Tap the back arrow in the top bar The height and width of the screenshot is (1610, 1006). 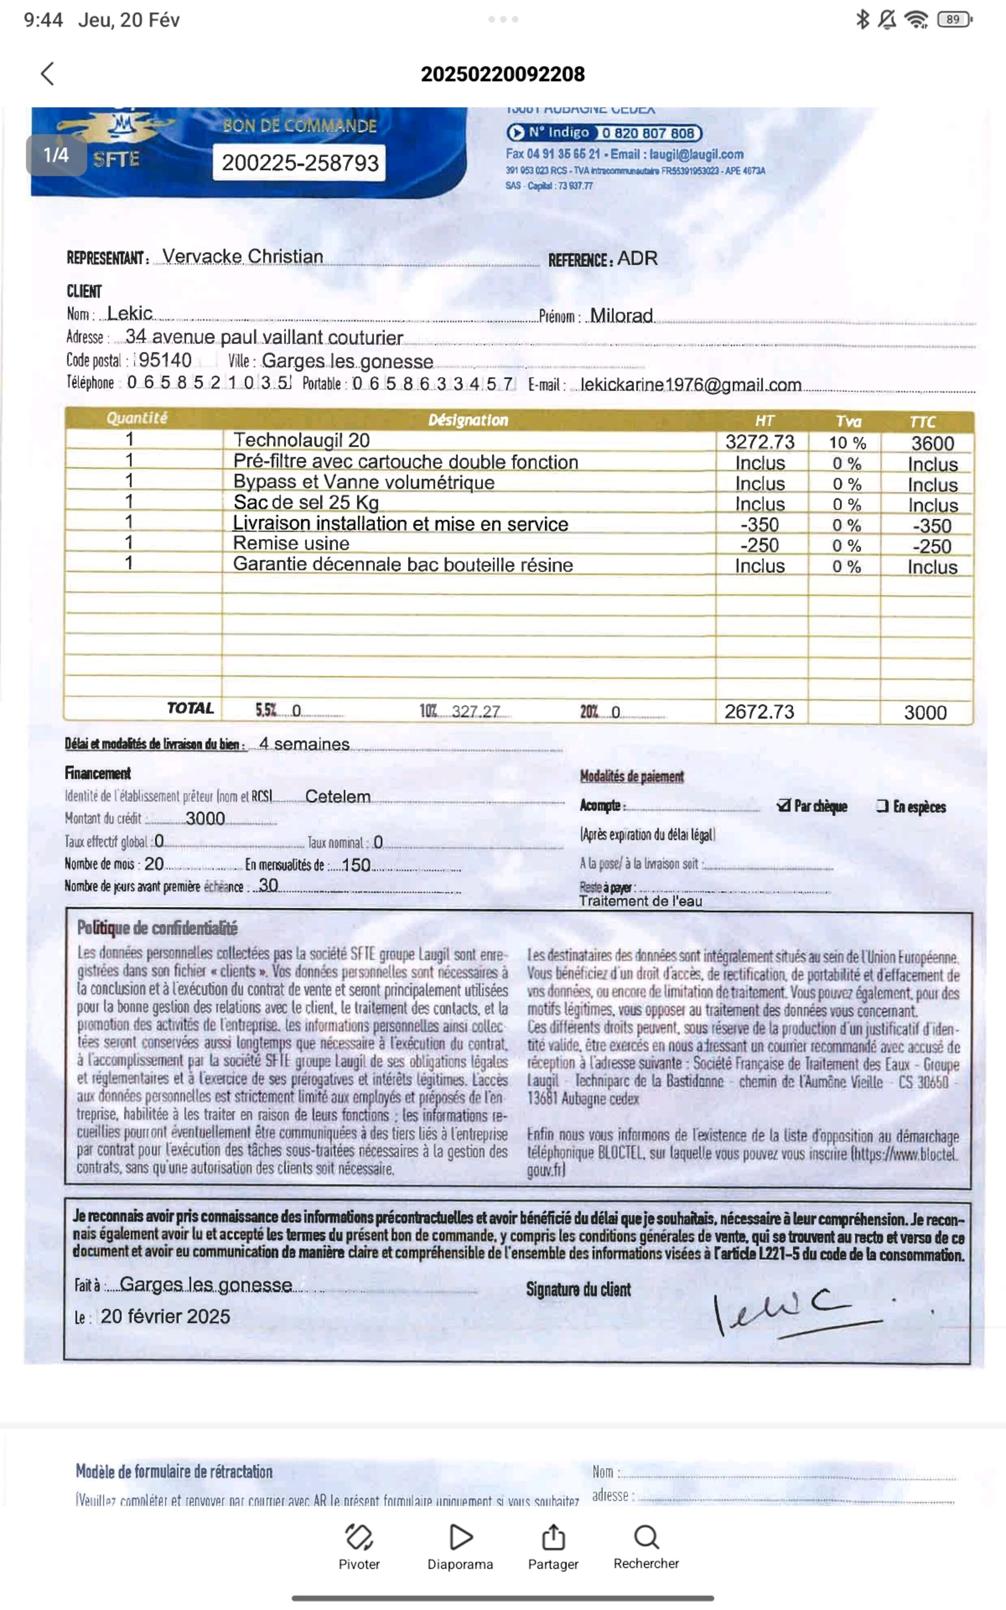[x=47, y=74]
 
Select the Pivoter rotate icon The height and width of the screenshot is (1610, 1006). [x=359, y=1537]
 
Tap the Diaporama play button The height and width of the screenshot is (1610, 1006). [x=460, y=1537]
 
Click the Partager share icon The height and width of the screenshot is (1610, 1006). [x=553, y=1537]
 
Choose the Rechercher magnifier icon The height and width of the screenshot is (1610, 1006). [x=645, y=1537]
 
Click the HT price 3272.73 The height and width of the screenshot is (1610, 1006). [x=760, y=442]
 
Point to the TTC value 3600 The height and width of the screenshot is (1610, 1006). [x=932, y=443]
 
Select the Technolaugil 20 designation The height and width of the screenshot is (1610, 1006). [x=301, y=440]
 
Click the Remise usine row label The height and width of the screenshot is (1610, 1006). [x=291, y=543]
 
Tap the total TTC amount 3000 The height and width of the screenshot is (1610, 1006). [x=925, y=712]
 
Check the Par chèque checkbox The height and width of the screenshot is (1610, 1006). [x=784, y=806]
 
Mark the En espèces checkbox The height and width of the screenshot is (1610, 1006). [x=882, y=806]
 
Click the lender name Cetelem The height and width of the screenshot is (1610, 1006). [x=338, y=796]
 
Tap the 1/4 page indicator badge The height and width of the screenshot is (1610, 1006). [x=56, y=155]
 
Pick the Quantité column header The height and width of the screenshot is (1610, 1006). [x=137, y=418]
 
